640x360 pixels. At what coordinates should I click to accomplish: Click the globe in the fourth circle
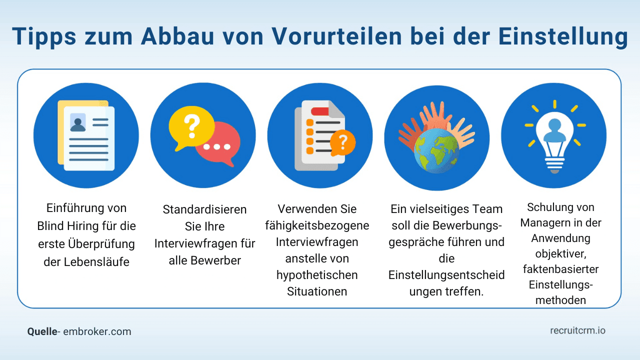436,150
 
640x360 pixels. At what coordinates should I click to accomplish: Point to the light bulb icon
553,137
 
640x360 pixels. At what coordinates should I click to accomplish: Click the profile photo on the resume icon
77,121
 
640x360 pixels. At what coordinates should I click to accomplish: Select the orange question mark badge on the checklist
342,143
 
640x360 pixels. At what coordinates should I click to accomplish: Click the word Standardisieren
204,209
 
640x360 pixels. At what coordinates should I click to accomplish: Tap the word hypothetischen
316,275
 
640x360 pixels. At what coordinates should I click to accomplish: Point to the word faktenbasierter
561,269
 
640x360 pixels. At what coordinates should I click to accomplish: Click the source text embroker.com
97,331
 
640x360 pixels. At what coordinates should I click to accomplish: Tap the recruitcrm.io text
577,330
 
